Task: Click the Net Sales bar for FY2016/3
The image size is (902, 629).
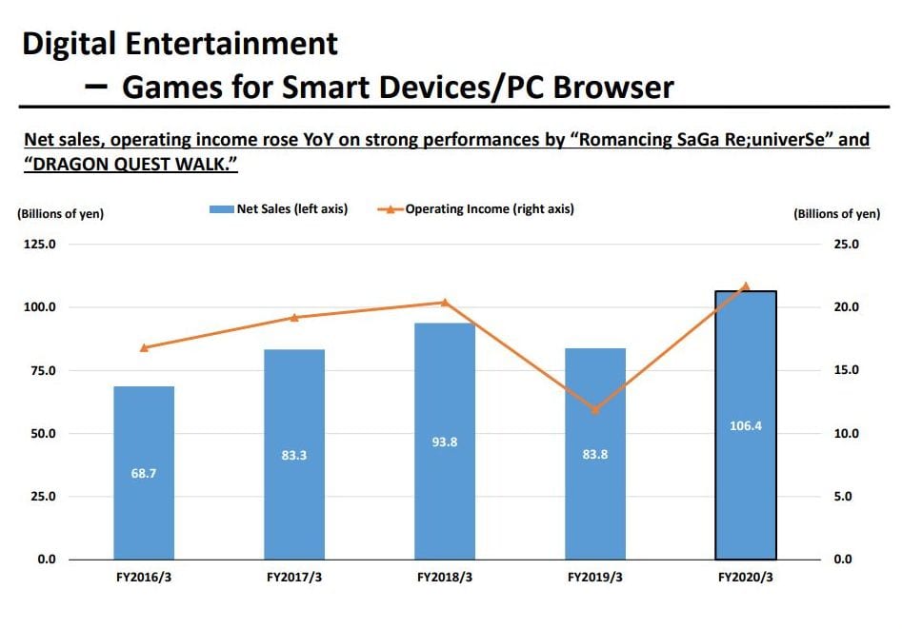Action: click(x=144, y=473)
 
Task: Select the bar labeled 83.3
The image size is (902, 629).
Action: click(x=294, y=455)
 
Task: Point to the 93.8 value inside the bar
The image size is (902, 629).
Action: click(x=445, y=442)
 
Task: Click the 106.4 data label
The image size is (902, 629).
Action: click(x=746, y=425)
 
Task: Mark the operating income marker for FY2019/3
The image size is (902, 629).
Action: click(x=595, y=409)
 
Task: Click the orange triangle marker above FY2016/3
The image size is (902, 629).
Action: click(x=144, y=347)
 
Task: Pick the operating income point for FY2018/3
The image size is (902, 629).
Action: click(x=445, y=302)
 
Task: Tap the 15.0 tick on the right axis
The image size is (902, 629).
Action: click(x=847, y=370)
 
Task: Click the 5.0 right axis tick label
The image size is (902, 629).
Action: click(x=847, y=497)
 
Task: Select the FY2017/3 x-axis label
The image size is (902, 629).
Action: click(x=294, y=578)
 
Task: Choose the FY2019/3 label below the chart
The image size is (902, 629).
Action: click(x=595, y=578)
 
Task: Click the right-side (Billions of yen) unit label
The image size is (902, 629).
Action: click(x=836, y=214)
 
